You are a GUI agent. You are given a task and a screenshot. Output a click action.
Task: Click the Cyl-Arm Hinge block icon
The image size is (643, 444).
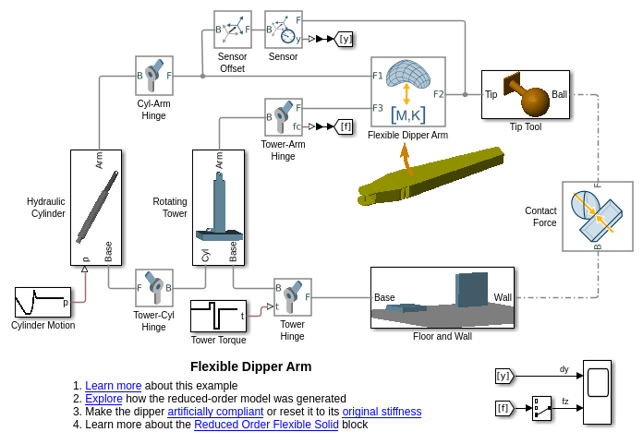click(154, 76)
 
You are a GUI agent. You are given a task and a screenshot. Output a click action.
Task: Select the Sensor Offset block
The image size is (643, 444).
click(232, 30)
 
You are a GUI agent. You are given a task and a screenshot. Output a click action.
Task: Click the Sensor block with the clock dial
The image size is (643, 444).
click(283, 30)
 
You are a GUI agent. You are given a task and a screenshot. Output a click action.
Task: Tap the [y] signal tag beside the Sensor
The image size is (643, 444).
click(344, 39)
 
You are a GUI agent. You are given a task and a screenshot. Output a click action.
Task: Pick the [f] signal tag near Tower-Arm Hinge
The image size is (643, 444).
click(344, 126)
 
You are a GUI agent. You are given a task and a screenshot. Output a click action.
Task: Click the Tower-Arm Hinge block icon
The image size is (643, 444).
click(283, 117)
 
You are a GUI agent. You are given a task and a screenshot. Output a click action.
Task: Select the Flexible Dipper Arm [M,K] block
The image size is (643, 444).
click(407, 91)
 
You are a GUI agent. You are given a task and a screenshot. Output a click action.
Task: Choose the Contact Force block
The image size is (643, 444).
click(597, 216)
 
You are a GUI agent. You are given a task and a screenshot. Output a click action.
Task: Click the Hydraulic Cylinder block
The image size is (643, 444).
click(96, 208)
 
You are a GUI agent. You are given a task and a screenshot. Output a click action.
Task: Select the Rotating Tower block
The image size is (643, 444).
click(218, 208)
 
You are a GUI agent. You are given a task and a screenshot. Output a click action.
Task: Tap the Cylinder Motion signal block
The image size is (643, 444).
click(42, 302)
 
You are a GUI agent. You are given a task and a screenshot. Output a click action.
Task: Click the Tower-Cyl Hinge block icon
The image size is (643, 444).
click(154, 288)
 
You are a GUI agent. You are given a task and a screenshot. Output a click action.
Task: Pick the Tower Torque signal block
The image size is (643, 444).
click(218, 316)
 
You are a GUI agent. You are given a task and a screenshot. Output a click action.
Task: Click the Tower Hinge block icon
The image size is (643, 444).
click(292, 297)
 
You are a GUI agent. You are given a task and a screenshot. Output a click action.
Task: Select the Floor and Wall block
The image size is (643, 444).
click(442, 297)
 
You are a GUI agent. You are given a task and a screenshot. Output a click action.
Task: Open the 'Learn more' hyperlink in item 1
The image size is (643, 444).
click(114, 386)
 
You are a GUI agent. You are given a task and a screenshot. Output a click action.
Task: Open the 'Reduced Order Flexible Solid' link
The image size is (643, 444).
click(266, 425)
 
